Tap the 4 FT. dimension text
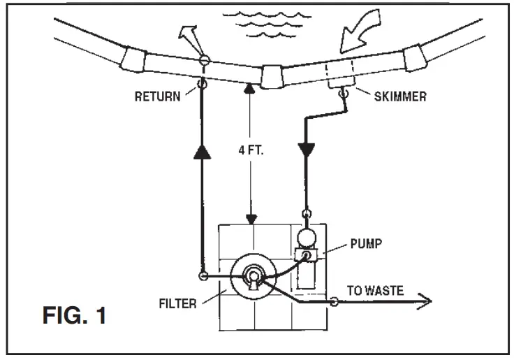coord(249,149)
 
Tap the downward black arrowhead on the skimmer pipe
coord(306,150)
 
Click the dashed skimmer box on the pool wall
coord(342,74)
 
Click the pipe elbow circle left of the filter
coord(203,277)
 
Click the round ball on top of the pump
coord(306,237)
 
